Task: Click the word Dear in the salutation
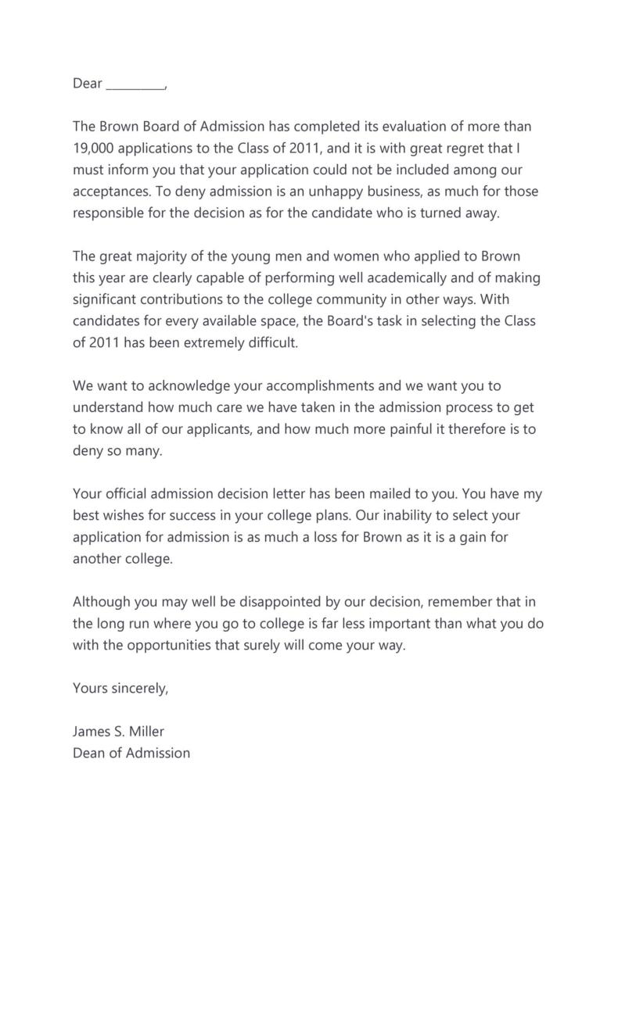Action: point(88,84)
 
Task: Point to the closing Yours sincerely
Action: point(120,689)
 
